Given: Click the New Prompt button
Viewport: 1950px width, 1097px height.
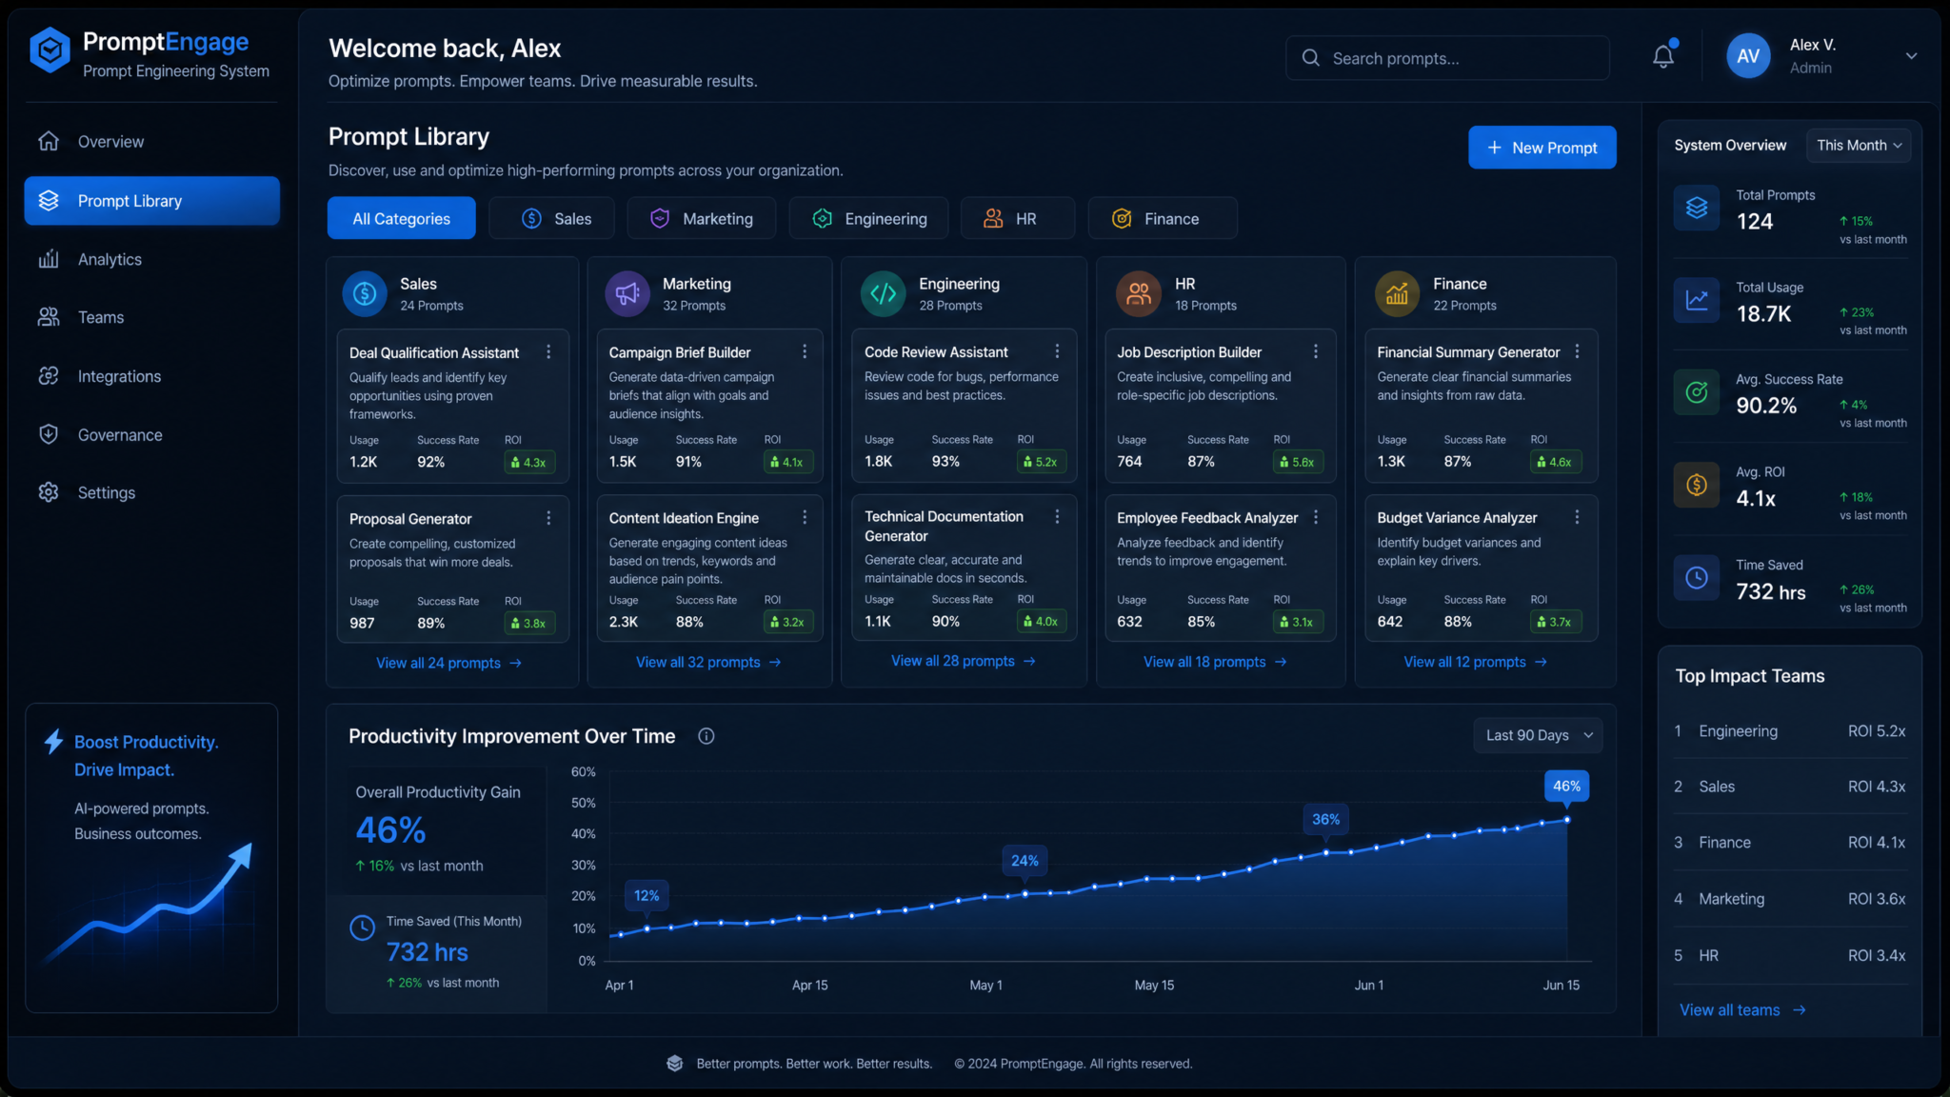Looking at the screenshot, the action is click(1542, 148).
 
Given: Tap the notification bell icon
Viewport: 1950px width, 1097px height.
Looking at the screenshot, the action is click(1663, 56).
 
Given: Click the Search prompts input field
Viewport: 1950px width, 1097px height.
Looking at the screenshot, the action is click(1447, 58).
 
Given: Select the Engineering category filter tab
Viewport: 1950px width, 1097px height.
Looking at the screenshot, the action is click(868, 219).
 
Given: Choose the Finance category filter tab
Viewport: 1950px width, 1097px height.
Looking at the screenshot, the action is click(1162, 219).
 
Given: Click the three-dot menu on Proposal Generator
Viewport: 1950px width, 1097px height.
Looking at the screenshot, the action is click(548, 518).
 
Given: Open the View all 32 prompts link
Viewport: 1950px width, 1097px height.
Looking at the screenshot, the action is click(708, 662).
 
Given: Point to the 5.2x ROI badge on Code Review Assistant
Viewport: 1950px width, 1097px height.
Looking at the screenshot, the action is click(1040, 462).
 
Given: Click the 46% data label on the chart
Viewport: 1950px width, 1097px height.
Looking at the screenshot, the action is click(1566, 786).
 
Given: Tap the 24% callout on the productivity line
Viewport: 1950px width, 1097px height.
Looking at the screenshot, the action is click(1025, 860).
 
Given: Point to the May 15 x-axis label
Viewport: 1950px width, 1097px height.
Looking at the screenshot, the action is click(1154, 985).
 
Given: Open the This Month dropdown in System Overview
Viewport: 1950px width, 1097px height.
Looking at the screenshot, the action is click(1858, 146).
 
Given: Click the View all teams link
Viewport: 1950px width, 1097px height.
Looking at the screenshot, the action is click(1742, 1009).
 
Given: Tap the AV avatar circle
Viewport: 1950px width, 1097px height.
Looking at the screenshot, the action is click(1748, 56).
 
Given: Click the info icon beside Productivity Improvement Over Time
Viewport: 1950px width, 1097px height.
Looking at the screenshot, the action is click(706, 736).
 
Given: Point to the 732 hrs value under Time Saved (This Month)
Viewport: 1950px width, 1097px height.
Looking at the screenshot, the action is click(427, 952).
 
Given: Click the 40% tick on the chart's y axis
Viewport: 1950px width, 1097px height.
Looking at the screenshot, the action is click(583, 833).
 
